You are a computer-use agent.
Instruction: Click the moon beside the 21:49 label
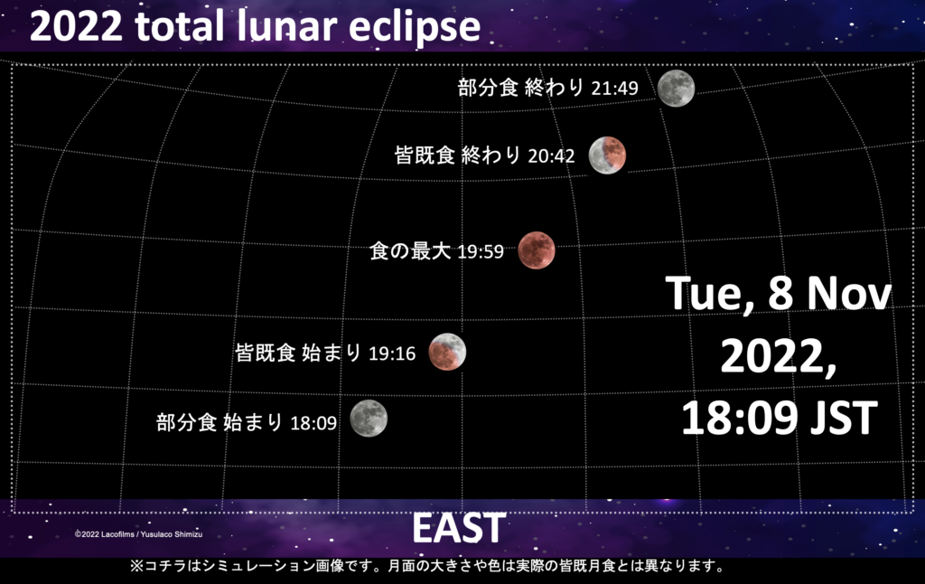[x=676, y=88]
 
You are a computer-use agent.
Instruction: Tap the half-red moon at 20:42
[x=607, y=155]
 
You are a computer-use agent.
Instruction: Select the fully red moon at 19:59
[x=537, y=250]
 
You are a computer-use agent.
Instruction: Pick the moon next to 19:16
[x=447, y=352]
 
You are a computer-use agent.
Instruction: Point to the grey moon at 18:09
[x=369, y=419]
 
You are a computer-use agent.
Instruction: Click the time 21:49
[x=614, y=89]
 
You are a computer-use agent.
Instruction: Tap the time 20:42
[x=551, y=155]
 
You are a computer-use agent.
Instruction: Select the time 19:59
[x=481, y=251]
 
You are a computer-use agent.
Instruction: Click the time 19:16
[x=392, y=353]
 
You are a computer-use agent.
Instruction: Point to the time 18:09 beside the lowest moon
[x=313, y=423]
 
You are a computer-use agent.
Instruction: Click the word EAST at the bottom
[x=459, y=528]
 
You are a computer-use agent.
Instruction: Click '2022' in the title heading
[x=76, y=26]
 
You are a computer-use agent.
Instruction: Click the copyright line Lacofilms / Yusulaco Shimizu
[x=138, y=534]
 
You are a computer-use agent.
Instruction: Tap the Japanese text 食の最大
[x=410, y=251]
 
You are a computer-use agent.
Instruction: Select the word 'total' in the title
[x=180, y=26]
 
